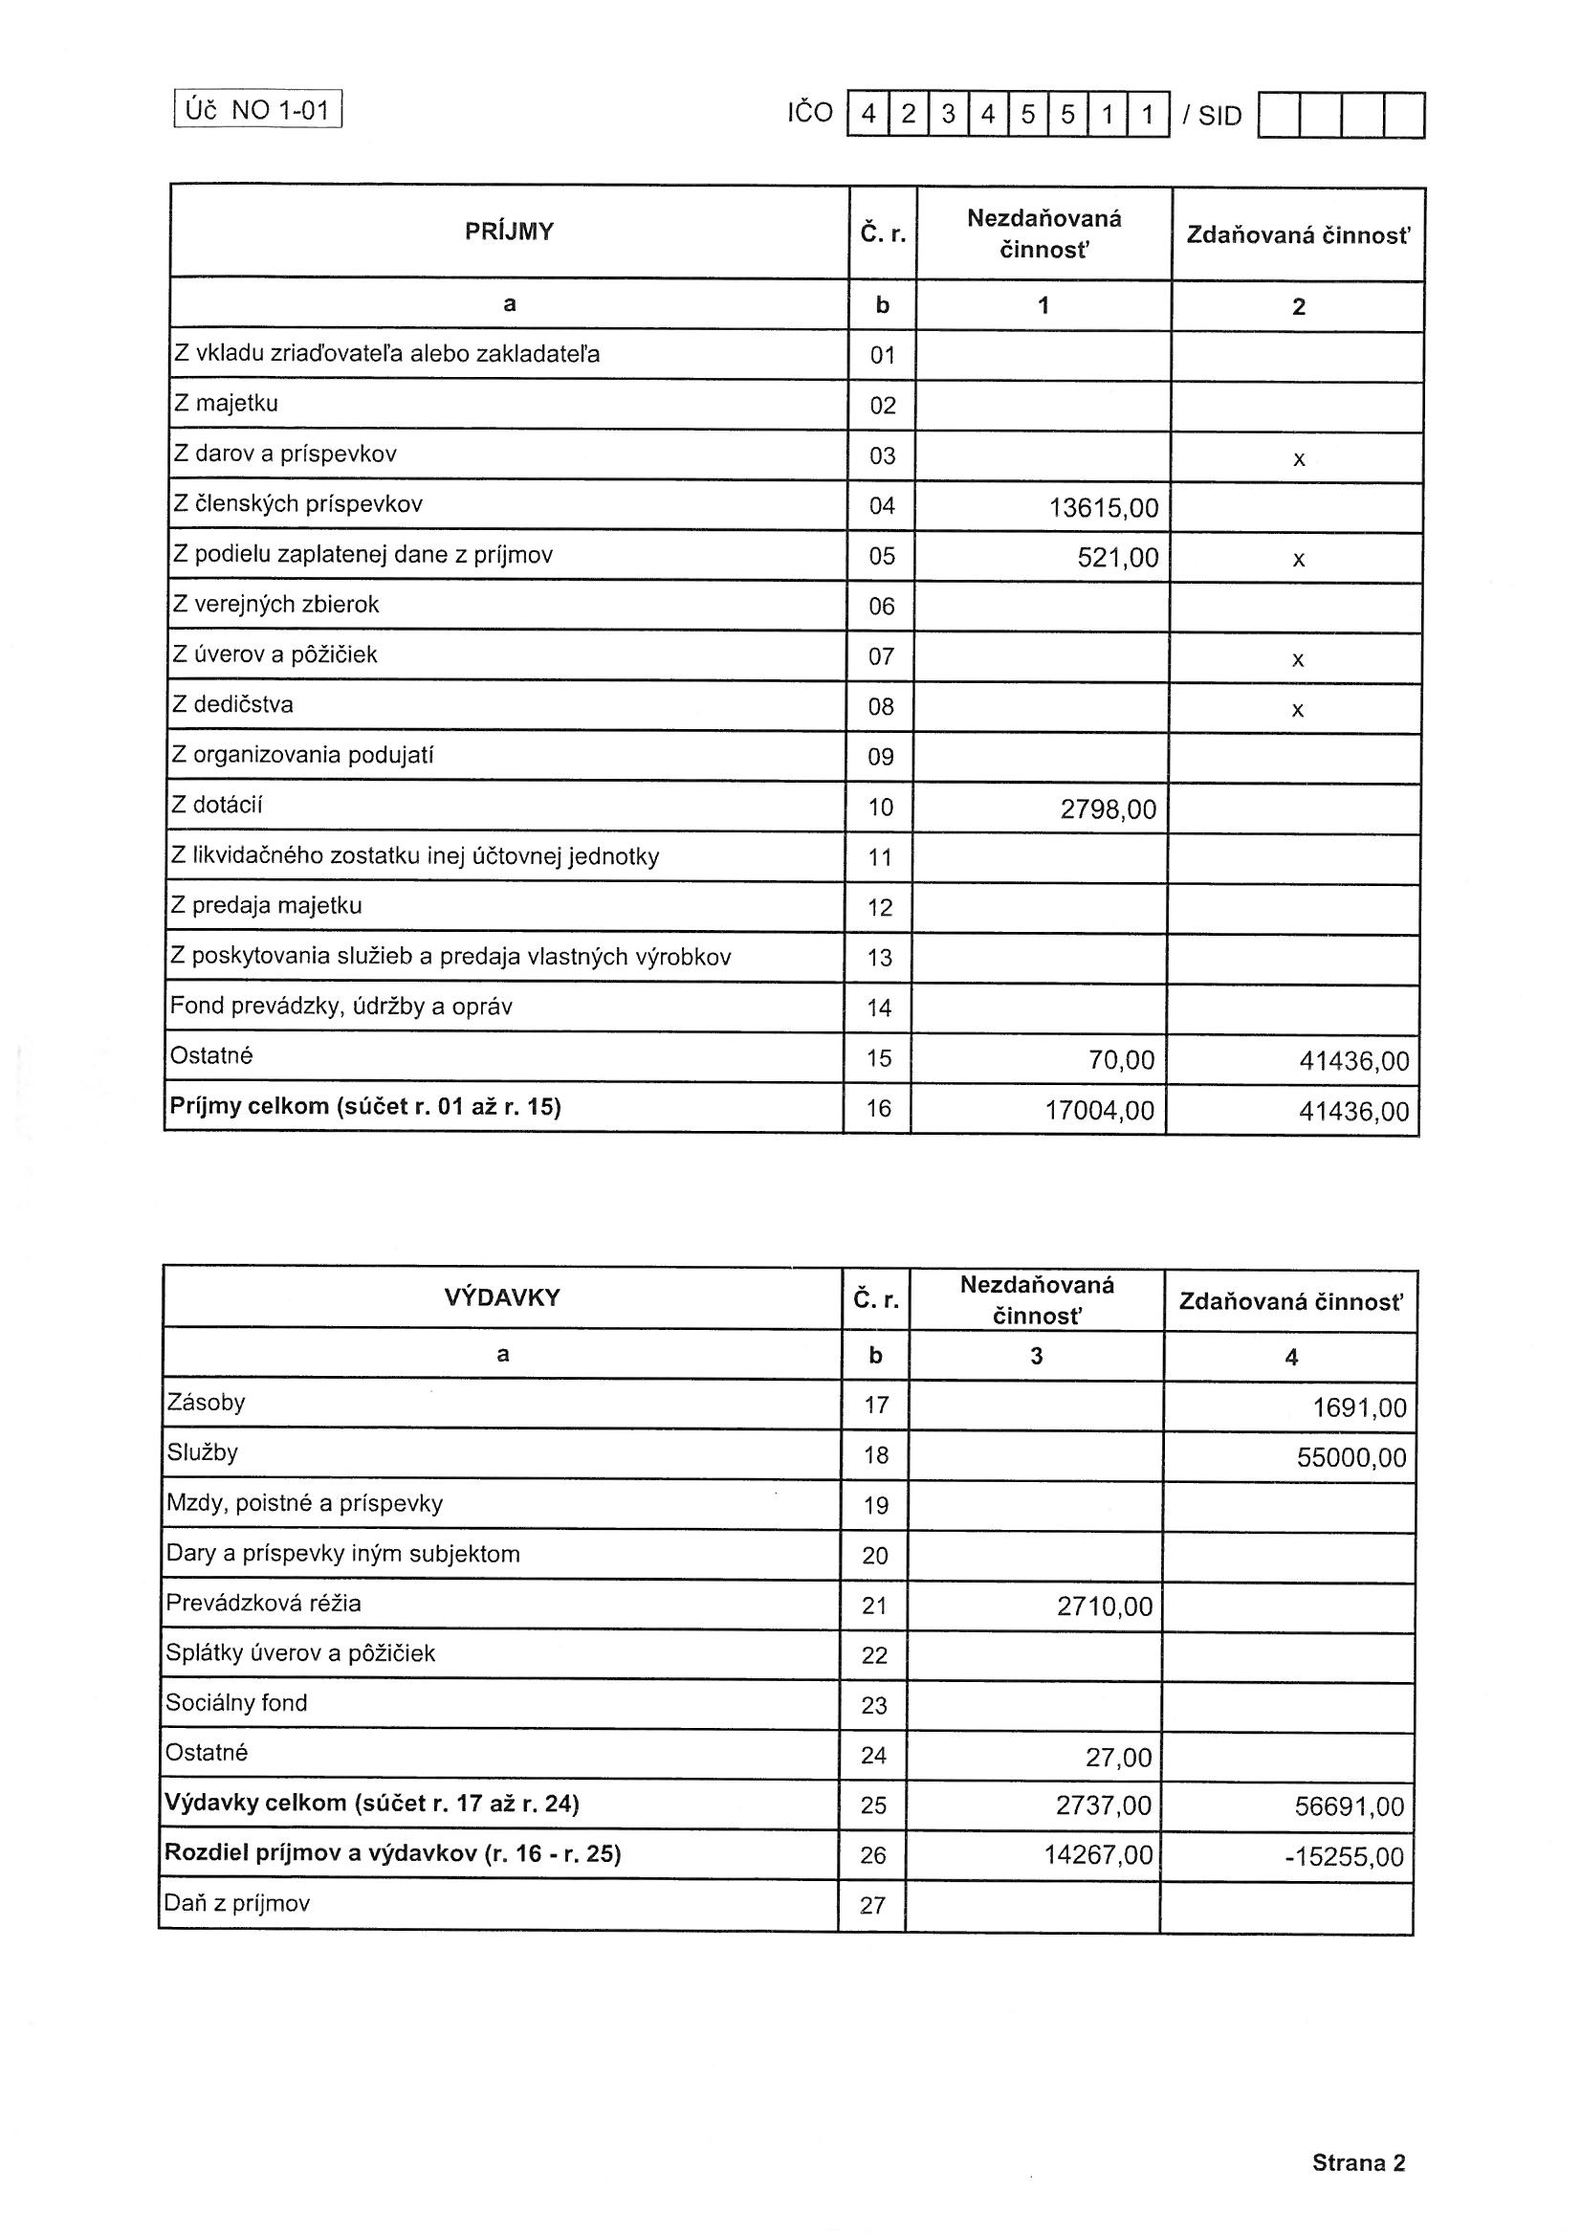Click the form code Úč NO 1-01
(x=258, y=110)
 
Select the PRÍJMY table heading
(x=509, y=232)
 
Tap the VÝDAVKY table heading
(x=502, y=1297)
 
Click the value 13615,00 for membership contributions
(x=1104, y=508)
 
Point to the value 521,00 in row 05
(x=1117, y=558)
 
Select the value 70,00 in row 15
(x=1121, y=1060)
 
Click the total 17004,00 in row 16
(x=1100, y=1110)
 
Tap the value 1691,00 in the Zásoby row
(x=1359, y=1407)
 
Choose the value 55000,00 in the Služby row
(x=1351, y=1457)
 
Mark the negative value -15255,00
(x=1345, y=1857)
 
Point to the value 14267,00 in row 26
(x=1098, y=1854)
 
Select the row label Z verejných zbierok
(x=275, y=605)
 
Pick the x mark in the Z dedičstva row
(x=1298, y=710)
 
